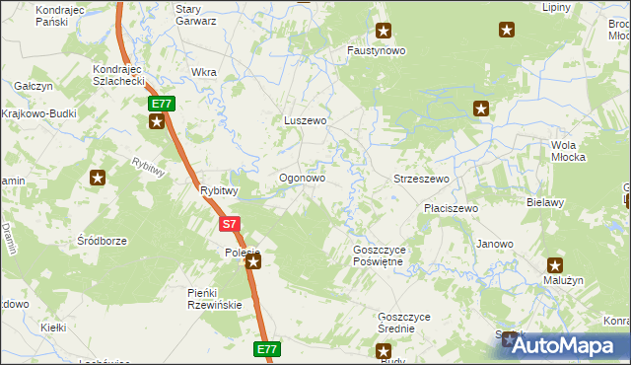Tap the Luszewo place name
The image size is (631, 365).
pos(305,120)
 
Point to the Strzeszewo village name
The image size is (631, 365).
pos(421,179)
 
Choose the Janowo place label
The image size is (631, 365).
pos(494,244)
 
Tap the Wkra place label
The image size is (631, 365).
pos(204,72)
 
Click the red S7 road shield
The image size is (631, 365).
pos(229,224)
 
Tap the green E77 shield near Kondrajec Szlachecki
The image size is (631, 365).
pos(161,104)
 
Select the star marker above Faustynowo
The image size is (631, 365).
pos(384,31)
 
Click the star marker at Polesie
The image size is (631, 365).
pos(252,261)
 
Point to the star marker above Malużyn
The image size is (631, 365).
pos(555,264)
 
